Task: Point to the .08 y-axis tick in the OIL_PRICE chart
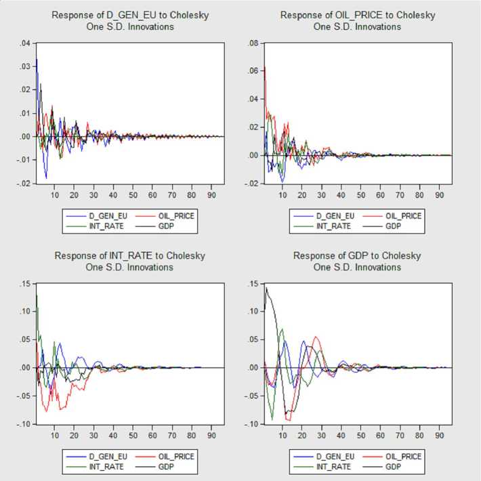(x=253, y=43)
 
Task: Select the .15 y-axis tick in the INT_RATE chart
(x=23, y=284)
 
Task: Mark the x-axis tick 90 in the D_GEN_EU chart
(x=211, y=194)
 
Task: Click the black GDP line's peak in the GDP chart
(x=266, y=287)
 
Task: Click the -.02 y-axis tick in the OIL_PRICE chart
(x=252, y=183)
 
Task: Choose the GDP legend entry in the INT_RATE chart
(x=165, y=467)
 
